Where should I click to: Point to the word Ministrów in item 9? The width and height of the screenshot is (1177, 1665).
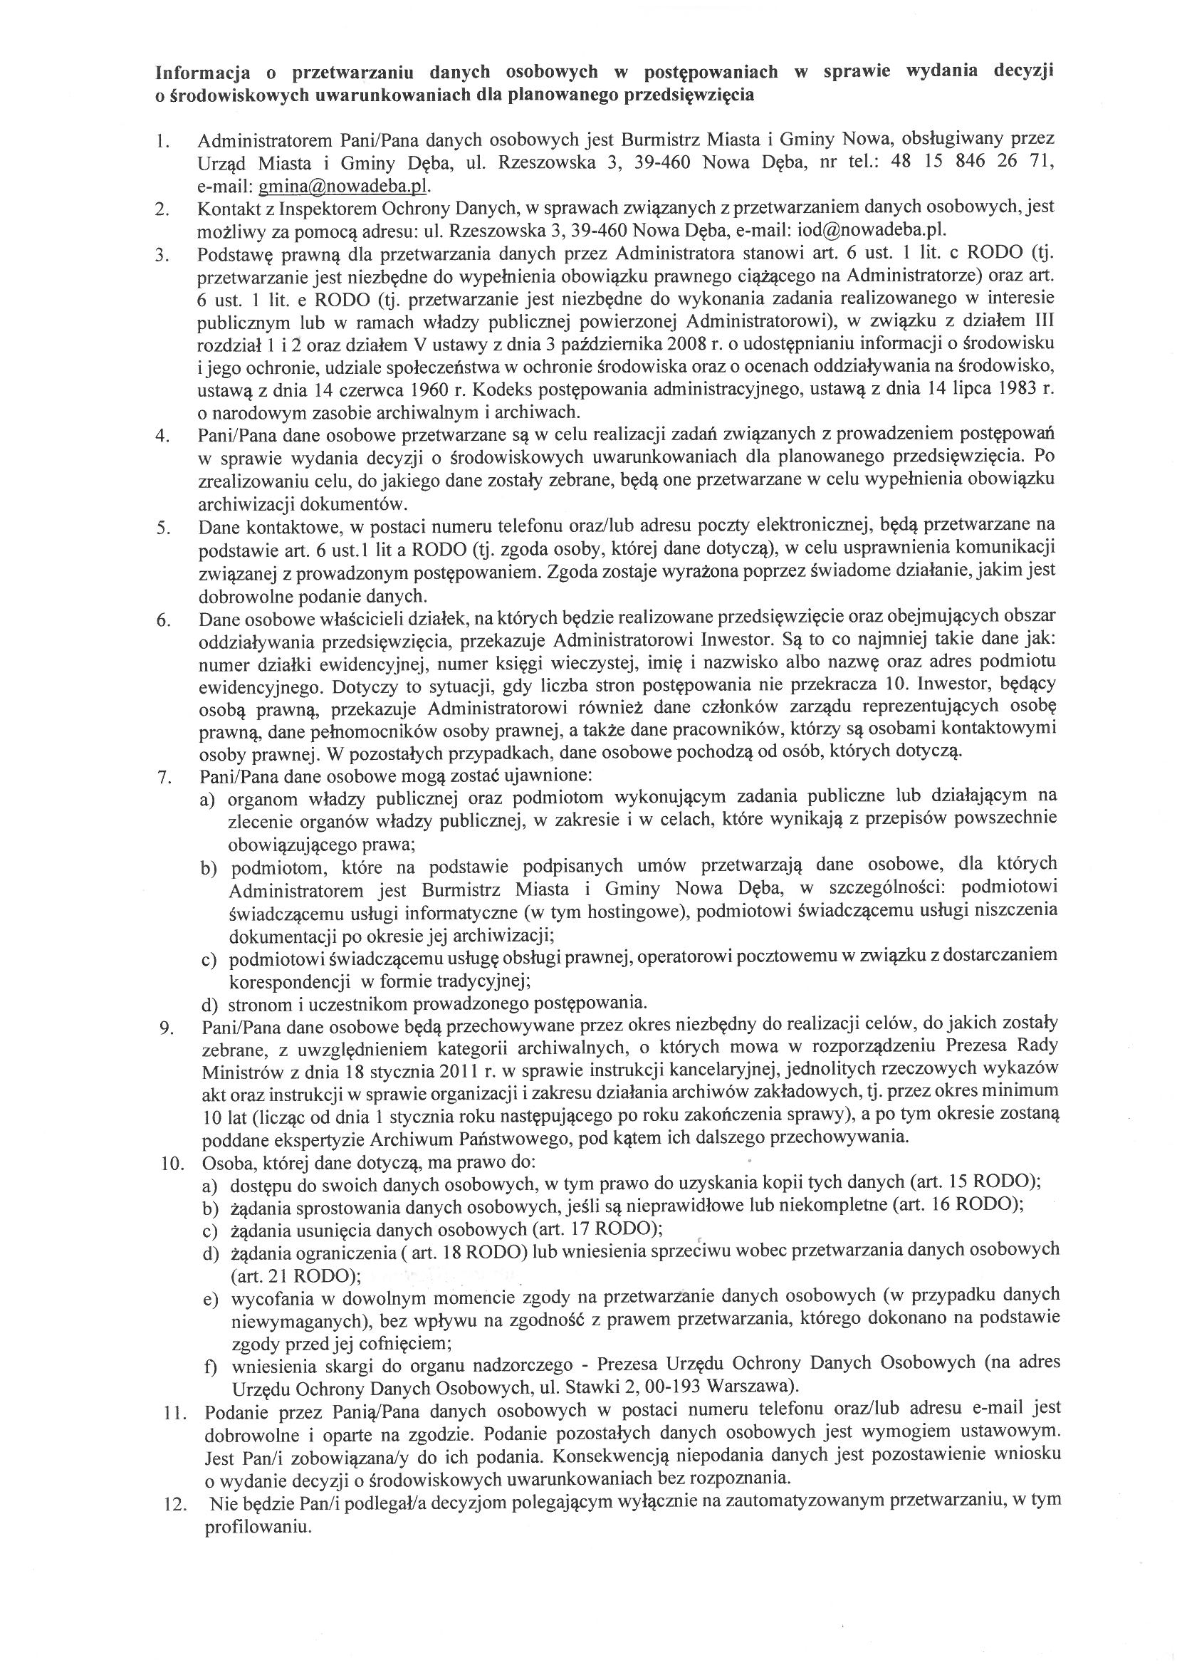coord(239,1069)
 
